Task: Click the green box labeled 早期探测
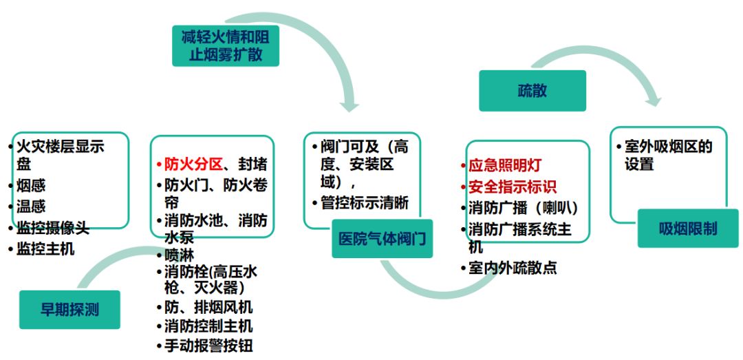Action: point(69,310)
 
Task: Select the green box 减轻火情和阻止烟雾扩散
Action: point(226,45)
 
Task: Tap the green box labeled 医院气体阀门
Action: point(382,239)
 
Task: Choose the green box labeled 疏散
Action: point(532,91)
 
